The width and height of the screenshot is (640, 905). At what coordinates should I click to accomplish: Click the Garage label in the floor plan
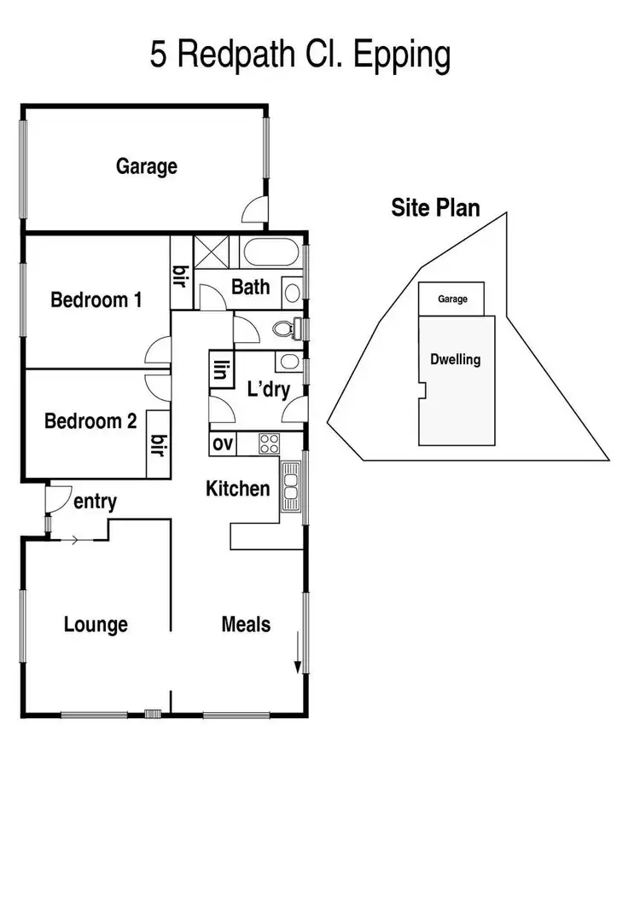pyautogui.click(x=147, y=166)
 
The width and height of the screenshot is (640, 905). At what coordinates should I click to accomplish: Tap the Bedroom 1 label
pyautogui.click(x=96, y=300)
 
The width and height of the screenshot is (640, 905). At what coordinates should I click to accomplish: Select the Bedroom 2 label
pyautogui.click(x=90, y=421)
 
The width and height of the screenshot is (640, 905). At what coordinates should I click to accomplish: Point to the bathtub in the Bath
pyautogui.click(x=269, y=253)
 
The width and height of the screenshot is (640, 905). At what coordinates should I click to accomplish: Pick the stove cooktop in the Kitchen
pyautogui.click(x=270, y=444)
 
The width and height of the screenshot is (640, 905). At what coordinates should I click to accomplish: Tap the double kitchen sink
pyautogui.click(x=291, y=486)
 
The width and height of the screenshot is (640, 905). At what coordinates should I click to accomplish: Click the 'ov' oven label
pyautogui.click(x=223, y=444)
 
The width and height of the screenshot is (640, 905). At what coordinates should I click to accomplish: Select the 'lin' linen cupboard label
pyautogui.click(x=222, y=370)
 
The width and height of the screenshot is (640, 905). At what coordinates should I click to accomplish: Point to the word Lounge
pyautogui.click(x=96, y=624)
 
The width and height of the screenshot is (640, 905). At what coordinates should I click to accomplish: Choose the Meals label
pyautogui.click(x=246, y=624)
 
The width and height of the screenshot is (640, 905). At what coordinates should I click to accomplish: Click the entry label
pyautogui.click(x=95, y=502)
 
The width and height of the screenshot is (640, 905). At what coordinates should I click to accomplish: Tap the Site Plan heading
pyautogui.click(x=435, y=207)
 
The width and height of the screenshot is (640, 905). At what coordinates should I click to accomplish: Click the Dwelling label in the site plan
pyautogui.click(x=456, y=360)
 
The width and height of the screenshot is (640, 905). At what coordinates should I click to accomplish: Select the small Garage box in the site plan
pyautogui.click(x=451, y=299)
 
